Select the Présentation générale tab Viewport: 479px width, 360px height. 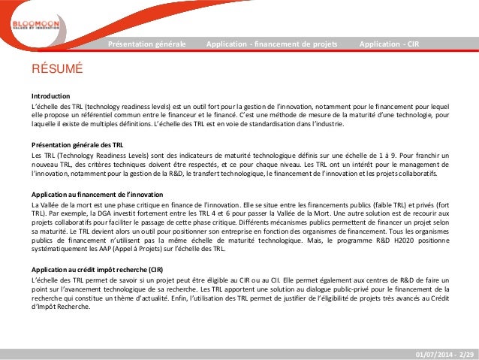147,44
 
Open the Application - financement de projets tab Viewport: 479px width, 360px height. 271,44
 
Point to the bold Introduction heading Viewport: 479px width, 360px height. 50,97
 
